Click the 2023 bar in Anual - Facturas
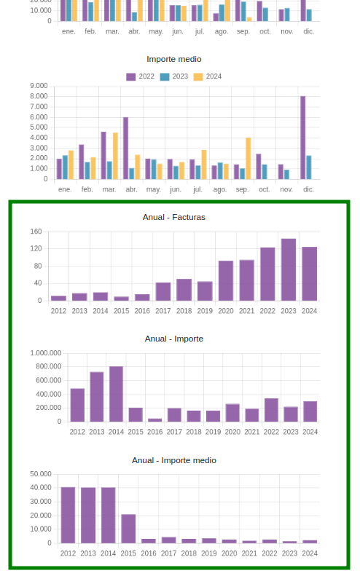click(x=289, y=269)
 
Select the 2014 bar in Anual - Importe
click(x=116, y=394)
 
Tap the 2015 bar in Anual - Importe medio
click(x=128, y=529)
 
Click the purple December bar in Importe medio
click(x=303, y=138)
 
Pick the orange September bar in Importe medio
click(x=249, y=158)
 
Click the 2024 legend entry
click(x=208, y=76)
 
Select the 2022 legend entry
click(x=141, y=76)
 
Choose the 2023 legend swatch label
click(x=180, y=76)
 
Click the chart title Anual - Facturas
click(x=174, y=217)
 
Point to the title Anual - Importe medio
click(x=174, y=460)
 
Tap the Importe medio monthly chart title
click(x=174, y=59)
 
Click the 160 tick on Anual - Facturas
click(x=36, y=232)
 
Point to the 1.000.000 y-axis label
click(x=46, y=353)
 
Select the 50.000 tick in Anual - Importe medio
click(x=41, y=474)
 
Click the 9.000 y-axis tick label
click(x=39, y=86)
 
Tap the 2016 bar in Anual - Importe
click(x=154, y=420)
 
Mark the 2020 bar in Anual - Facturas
click(x=226, y=280)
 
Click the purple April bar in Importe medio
click(x=126, y=149)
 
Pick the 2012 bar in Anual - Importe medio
click(x=68, y=515)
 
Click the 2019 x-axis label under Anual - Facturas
click(x=205, y=311)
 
